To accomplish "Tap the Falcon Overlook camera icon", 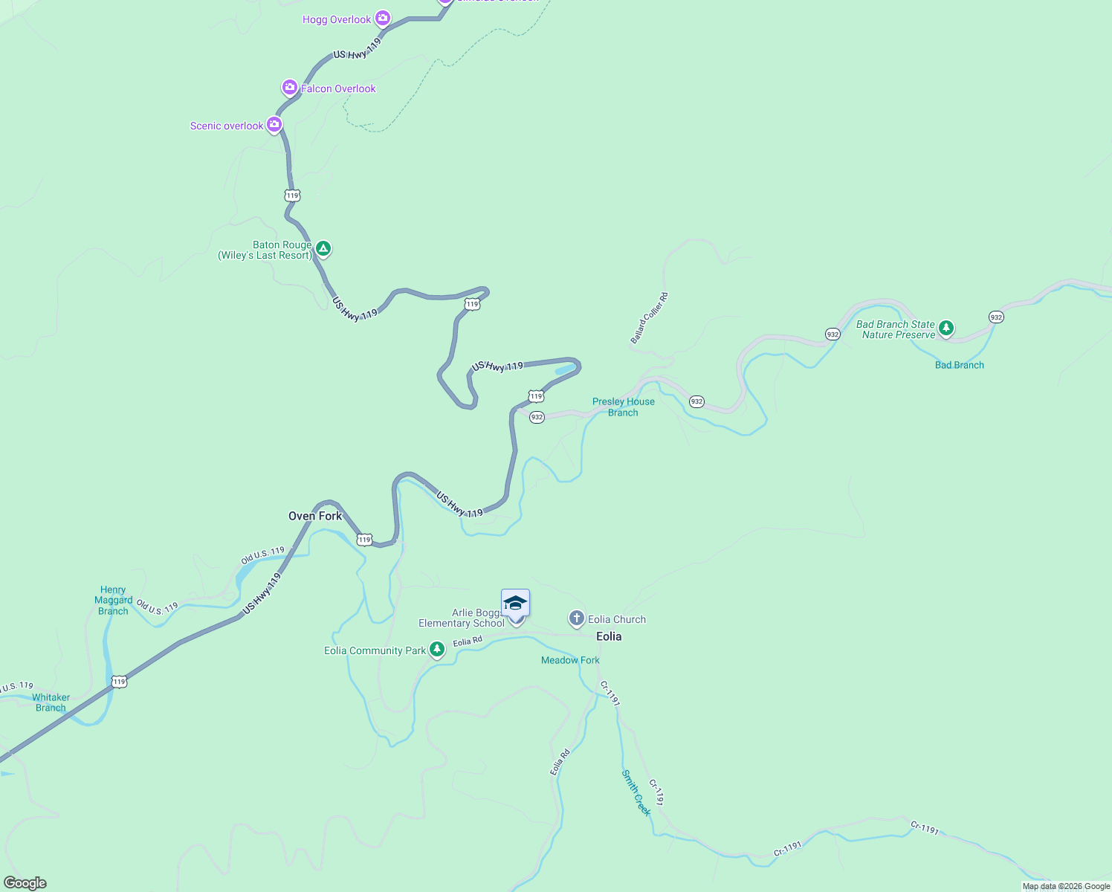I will (289, 88).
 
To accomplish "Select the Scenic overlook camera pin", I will (274, 124).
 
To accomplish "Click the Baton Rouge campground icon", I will (323, 248).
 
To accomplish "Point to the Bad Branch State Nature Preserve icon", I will (945, 327).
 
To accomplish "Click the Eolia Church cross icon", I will (576, 618).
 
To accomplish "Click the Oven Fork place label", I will (315, 516).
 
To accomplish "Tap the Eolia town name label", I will (609, 636).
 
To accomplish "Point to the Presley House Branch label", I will (623, 407).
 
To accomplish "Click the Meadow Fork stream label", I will (570, 660).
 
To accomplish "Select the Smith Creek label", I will (636, 792).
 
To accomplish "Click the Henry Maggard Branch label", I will (113, 601).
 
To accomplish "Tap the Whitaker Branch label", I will (51, 702).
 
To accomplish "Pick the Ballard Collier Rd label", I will (650, 318).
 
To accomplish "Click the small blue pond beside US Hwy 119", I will (565, 369).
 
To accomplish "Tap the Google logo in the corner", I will (25, 883).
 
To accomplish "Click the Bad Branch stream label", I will (959, 365).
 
